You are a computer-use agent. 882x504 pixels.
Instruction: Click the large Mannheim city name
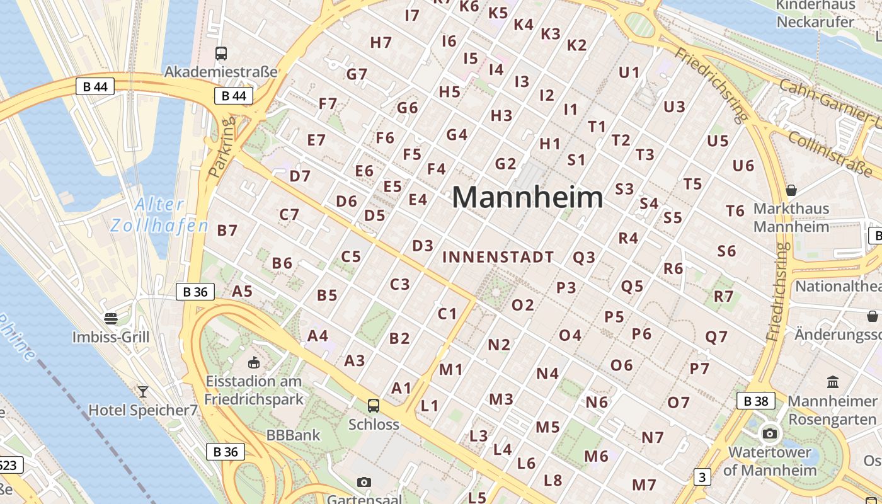point(527,197)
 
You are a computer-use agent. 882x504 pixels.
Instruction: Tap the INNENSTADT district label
point(498,257)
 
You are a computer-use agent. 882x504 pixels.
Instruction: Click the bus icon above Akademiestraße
point(220,54)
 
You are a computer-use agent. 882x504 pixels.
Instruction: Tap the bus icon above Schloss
point(374,405)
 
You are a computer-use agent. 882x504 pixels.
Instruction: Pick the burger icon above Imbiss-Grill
point(111,318)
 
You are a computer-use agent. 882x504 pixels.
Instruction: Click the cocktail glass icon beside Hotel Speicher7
point(143,392)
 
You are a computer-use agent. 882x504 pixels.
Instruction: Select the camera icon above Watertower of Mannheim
point(769,433)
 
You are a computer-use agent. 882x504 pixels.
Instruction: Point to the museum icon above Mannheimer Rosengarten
point(833,382)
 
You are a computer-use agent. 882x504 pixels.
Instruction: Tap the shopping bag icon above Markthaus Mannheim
point(791,190)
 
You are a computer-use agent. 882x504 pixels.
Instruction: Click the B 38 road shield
point(755,401)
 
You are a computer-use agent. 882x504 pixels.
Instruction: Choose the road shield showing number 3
point(702,477)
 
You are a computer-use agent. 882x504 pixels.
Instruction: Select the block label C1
point(447,313)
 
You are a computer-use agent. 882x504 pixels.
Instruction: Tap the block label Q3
point(583,257)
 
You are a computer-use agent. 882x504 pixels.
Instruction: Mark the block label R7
point(723,296)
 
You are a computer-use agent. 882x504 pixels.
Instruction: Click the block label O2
point(522,305)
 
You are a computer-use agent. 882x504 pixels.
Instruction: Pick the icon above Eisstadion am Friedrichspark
point(254,362)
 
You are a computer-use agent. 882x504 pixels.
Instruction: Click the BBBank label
point(293,435)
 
